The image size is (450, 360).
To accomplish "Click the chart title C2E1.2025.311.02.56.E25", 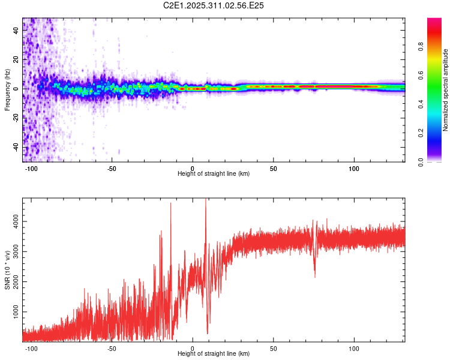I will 214,5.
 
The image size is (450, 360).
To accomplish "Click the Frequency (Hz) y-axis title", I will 7,90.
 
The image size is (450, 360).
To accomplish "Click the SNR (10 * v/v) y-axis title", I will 7,270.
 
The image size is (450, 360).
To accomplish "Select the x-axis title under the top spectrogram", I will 214,174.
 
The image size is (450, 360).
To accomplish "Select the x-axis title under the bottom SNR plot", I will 214,354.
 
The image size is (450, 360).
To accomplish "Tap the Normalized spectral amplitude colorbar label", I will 446,90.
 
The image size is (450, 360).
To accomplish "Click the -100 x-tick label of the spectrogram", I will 31,168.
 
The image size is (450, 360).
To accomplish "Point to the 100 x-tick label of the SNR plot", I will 354,348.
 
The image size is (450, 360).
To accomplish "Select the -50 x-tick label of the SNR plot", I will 112,348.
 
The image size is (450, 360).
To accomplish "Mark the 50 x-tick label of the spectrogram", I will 273,168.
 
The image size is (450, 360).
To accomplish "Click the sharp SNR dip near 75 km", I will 315,275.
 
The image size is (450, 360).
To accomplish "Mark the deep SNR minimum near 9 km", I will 208,333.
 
